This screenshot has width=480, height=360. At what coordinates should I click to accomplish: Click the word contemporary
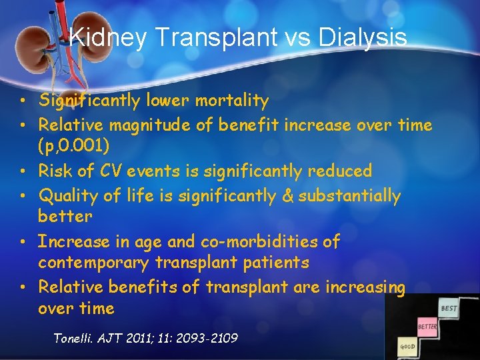pyautogui.click(x=93, y=263)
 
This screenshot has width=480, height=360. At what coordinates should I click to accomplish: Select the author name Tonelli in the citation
pyautogui.click(x=75, y=338)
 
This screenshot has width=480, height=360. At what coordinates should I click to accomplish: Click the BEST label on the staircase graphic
pyautogui.click(x=449, y=309)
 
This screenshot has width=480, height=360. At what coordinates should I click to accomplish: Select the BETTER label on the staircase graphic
pyautogui.click(x=427, y=327)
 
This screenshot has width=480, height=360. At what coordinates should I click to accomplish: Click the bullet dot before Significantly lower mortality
pyautogui.click(x=23, y=101)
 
